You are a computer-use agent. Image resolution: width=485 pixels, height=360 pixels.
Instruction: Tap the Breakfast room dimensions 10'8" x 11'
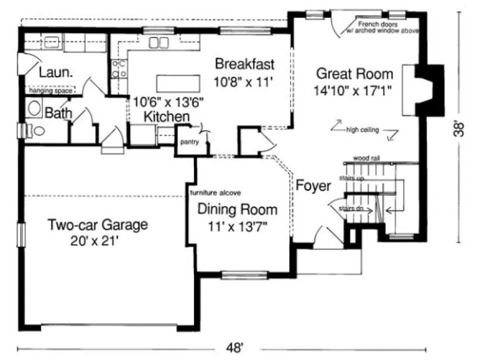(x=245, y=82)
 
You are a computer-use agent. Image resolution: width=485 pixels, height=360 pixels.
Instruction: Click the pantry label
(x=189, y=143)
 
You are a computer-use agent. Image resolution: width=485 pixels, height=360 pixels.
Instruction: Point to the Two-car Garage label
(x=97, y=224)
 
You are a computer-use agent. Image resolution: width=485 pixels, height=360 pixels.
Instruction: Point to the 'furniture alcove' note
(x=215, y=192)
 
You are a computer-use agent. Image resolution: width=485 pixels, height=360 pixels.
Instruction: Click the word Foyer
(x=313, y=186)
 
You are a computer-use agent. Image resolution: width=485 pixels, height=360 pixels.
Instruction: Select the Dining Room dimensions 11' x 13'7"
(x=237, y=224)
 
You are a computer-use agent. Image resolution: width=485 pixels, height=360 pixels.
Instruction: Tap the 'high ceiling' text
(x=363, y=130)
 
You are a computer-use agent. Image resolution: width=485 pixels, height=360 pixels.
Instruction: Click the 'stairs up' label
(x=352, y=178)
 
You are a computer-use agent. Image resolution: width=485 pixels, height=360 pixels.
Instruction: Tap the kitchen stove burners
(x=119, y=68)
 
